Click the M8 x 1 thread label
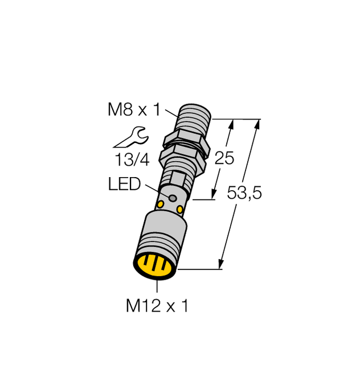[133, 110]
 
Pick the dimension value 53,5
[244, 194]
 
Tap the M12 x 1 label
[156, 306]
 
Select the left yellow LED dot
[161, 203]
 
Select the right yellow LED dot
[180, 210]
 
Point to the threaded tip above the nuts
[195, 119]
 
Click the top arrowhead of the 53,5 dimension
[259, 122]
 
